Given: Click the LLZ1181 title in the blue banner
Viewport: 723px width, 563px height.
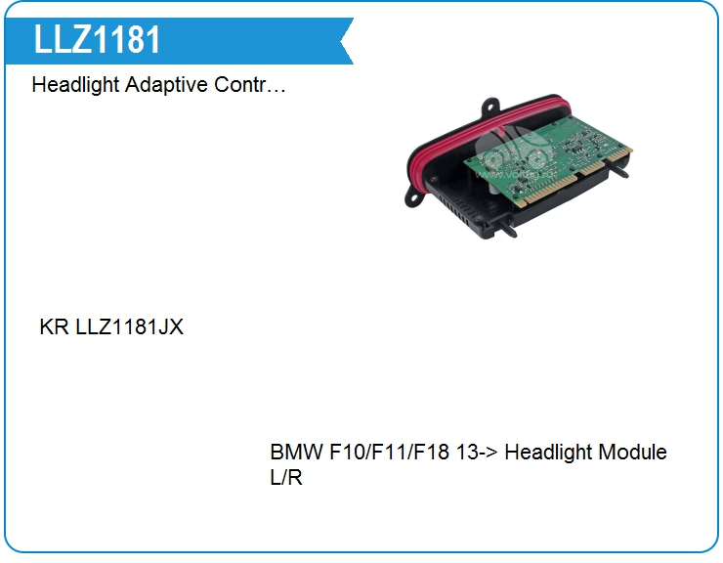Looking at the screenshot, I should click(98, 40).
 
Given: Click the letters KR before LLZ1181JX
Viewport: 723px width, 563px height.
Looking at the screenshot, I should click(54, 327).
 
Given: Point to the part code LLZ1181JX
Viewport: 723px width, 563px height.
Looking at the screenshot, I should click(129, 327).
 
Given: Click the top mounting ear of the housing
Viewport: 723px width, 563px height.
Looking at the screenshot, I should click(490, 106).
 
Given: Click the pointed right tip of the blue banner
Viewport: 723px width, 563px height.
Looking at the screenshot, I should click(350, 41).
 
